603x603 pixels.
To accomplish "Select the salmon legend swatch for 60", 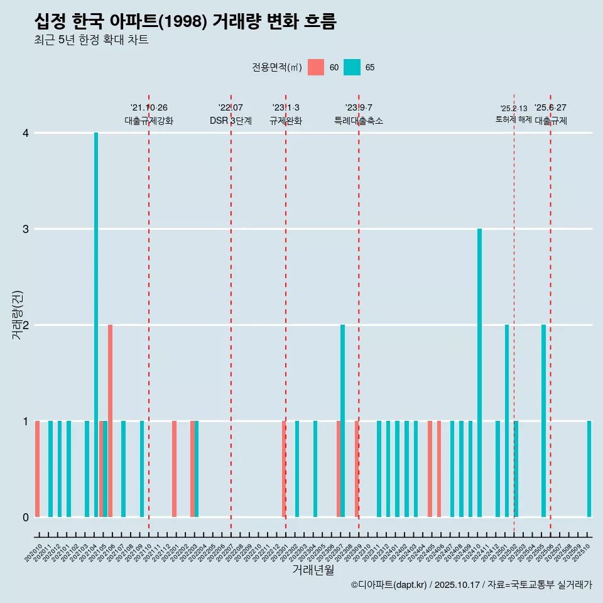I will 316,67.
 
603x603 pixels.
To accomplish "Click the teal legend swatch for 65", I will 352,67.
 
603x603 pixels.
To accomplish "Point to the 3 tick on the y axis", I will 26,229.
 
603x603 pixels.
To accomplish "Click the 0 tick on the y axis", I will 26,517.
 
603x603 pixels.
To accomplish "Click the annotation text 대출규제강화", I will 149,121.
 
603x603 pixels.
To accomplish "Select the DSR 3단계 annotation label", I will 231,121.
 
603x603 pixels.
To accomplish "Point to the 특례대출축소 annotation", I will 359,121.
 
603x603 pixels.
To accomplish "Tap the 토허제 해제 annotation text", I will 513,119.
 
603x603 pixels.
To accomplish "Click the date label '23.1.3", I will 286,108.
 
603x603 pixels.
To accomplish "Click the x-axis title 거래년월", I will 313,570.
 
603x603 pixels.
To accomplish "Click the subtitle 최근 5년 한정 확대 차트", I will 91,40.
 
